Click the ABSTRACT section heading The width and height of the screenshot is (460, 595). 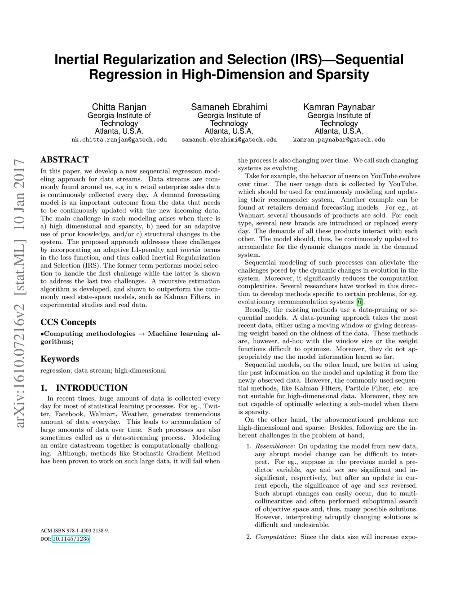point(64,159)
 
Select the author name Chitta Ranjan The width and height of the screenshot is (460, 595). point(119,107)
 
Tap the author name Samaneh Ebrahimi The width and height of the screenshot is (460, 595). point(229,107)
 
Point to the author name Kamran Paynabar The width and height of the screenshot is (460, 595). point(339,107)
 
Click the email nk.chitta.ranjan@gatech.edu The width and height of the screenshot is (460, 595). point(119,140)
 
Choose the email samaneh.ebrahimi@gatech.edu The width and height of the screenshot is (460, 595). point(229,140)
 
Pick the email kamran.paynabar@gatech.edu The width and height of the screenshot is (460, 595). point(339,140)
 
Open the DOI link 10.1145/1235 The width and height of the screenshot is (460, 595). point(71,539)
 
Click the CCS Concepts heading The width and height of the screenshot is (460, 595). point(68,322)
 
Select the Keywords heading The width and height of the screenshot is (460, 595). point(60,359)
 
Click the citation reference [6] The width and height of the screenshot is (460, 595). point(359,302)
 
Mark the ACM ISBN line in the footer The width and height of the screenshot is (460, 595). point(75,530)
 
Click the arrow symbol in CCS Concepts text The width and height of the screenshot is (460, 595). point(142,334)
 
